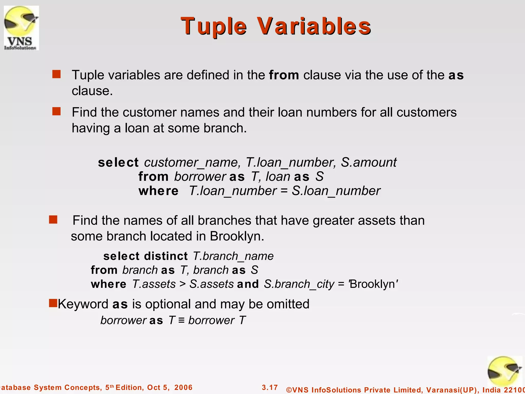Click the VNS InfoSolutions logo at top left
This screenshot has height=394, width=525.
click(x=21, y=28)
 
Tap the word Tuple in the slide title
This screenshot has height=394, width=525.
click(x=214, y=26)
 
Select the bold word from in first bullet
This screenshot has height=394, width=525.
click(x=284, y=75)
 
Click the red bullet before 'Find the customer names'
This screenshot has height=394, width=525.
click(x=56, y=112)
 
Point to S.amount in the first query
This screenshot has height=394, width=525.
click(x=369, y=163)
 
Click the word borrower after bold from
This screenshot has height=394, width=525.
click(x=200, y=177)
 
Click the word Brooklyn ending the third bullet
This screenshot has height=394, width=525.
click(x=236, y=236)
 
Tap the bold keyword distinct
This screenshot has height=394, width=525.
click(x=166, y=256)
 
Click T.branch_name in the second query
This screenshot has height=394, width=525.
click(x=233, y=256)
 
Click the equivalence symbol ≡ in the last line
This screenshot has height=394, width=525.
click(x=181, y=320)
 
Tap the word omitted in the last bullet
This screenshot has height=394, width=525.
click(x=288, y=304)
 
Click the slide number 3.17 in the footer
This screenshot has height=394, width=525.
click(x=270, y=387)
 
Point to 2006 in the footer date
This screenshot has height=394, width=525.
click(x=183, y=387)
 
